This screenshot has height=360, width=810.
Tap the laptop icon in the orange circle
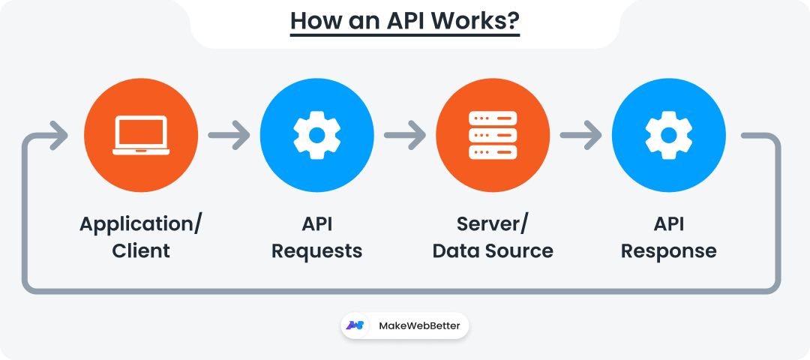(141, 135)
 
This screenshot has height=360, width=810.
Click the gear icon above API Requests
(316, 135)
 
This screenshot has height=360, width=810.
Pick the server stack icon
(493, 135)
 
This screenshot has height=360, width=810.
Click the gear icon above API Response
(668, 135)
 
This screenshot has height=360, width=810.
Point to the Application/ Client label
(141, 237)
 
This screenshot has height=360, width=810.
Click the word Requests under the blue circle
(316, 250)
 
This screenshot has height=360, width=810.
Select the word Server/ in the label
(493, 224)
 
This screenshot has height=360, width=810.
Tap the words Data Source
(493, 250)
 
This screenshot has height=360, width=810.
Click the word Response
(668, 250)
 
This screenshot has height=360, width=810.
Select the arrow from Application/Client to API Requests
(229, 136)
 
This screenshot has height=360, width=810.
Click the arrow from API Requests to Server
(405, 136)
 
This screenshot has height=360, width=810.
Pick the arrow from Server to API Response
(580, 136)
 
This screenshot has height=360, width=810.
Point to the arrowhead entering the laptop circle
(58, 136)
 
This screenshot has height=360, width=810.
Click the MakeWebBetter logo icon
(355, 325)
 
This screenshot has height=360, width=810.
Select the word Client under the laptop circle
(141, 250)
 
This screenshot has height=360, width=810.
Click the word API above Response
(668, 224)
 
